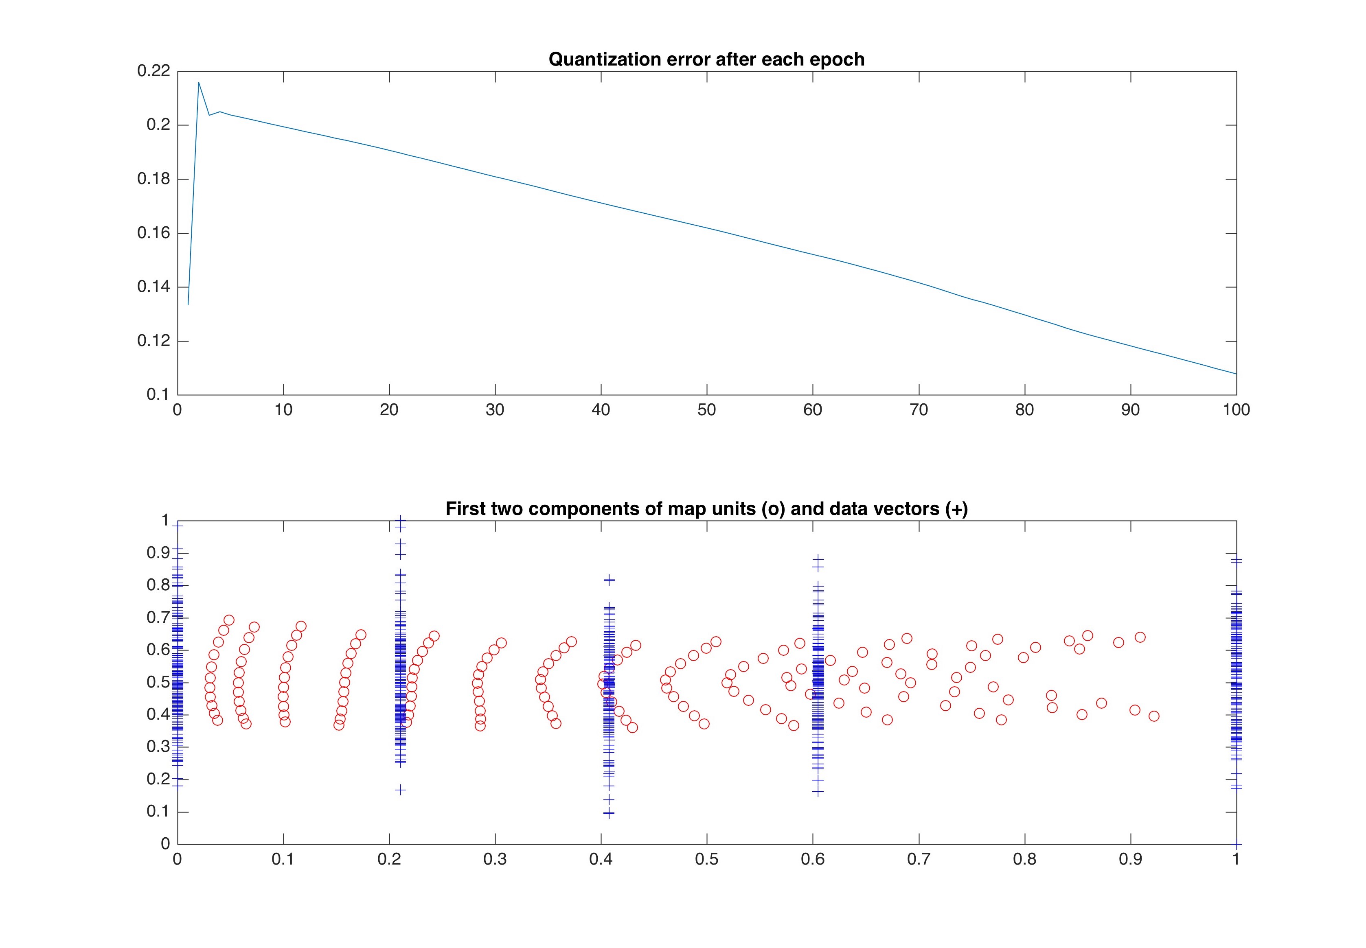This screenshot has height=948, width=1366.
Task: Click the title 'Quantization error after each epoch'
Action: pos(706,59)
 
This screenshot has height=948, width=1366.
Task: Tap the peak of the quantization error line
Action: pos(198,83)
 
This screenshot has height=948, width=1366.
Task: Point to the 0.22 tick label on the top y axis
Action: pos(153,71)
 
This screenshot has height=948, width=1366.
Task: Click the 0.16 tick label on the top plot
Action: pos(153,233)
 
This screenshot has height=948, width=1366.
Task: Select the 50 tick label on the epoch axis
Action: pos(706,410)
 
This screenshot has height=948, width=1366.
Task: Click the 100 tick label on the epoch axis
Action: pos(1236,410)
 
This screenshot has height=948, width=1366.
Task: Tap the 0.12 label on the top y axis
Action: pos(153,341)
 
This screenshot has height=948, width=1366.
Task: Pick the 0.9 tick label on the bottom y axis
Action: pos(158,553)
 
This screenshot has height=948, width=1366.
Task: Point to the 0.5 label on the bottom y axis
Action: pos(158,682)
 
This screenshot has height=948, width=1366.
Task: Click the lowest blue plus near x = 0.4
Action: pos(608,814)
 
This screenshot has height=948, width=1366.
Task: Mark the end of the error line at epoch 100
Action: pos(1236,374)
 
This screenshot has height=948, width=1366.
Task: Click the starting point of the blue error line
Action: pos(188,305)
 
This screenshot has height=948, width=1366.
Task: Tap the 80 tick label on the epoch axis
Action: pos(1024,410)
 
